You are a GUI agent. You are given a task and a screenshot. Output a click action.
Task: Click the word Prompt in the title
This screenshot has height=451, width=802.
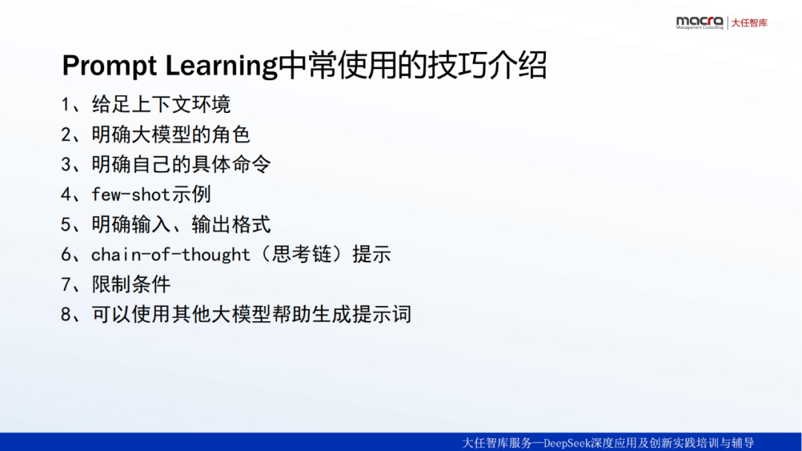tap(109, 66)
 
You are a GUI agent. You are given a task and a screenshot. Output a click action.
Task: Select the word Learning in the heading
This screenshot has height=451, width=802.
tap(221, 66)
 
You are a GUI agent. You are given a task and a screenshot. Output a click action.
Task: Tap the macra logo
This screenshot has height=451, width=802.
tap(700, 22)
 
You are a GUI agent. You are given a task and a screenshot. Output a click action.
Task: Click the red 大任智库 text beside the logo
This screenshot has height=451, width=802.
tap(749, 23)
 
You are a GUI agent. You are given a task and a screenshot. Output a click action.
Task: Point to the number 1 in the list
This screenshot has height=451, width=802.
tap(65, 105)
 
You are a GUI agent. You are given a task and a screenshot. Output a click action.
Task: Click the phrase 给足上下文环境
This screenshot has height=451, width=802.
tap(161, 105)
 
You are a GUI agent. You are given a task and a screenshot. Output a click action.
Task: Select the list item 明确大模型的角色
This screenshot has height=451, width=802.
tap(171, 134)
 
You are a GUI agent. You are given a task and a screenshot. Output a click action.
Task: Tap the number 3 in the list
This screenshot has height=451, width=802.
tap(65, 164)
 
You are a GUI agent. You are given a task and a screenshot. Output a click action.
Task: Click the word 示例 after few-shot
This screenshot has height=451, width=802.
tap(192, 195)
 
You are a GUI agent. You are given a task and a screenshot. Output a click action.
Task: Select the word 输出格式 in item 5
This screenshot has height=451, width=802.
tap(231, 224)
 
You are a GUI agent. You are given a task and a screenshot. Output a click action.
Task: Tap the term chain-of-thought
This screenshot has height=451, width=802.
tap(171, 254)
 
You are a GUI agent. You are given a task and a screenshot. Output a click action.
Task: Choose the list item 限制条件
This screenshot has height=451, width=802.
tap(131, 284)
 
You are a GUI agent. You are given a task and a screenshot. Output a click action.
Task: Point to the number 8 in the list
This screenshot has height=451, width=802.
tap(65, 314)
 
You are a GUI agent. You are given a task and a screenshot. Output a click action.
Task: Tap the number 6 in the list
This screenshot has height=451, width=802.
tap(65, 254)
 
